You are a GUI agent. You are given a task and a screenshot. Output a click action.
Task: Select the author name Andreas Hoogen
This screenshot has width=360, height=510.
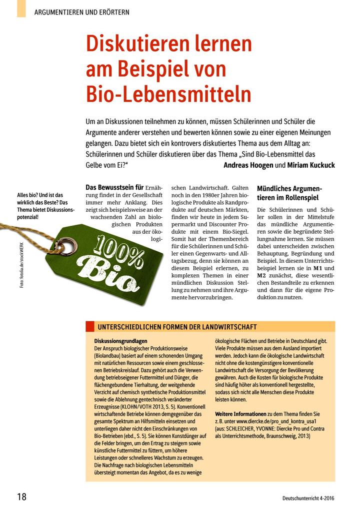click(247, 165)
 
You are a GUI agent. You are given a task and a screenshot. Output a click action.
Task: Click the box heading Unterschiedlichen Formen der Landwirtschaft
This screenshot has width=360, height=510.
click(177, 327)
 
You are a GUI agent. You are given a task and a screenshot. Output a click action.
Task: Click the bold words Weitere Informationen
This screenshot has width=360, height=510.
click(240, 414)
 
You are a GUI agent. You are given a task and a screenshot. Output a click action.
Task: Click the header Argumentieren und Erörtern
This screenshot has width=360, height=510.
click(82, 12)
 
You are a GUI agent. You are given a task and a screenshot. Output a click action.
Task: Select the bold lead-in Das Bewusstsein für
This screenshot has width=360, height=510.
click(115, 188)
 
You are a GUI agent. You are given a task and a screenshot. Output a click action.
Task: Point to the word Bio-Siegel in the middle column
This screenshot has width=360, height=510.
click(233, 232)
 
